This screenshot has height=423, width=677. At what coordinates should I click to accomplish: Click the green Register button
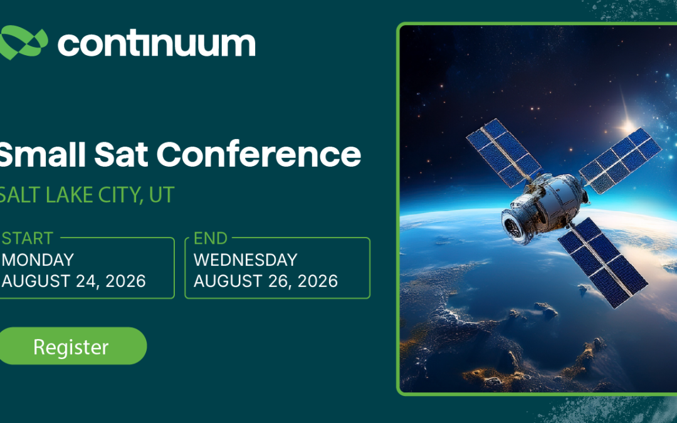coord(71,346)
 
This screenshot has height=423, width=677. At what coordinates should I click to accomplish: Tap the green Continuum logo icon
coord(23,43)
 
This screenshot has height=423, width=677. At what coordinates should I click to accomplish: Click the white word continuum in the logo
coord(156,43)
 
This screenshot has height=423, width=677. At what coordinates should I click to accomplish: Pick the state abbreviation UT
coord(161,195)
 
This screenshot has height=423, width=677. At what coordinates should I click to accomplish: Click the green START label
coord(28,238)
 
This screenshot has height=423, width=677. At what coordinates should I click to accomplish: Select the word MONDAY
coord(38,259)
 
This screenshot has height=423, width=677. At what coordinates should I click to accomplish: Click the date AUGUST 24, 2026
coord(73,281)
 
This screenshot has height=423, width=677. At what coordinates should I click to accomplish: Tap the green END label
coord(211,238)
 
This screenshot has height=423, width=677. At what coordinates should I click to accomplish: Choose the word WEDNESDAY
coord(245,259)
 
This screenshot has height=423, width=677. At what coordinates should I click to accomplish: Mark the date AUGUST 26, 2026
coord(266,281)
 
